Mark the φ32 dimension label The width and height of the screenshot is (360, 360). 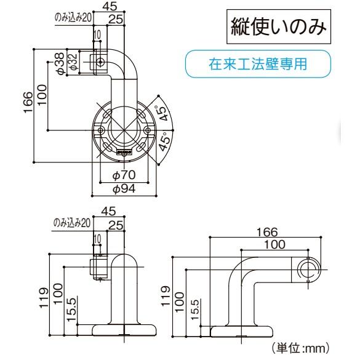(x=72, y=64)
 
